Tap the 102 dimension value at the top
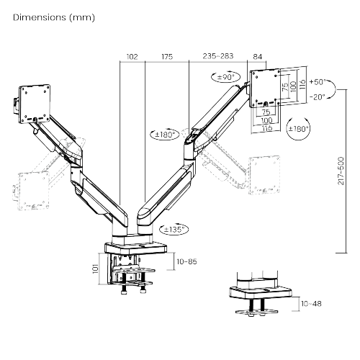point(132,55)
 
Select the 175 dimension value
point(167,55)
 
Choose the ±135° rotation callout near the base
point(174,229)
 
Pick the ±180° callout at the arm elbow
point(166,134)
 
